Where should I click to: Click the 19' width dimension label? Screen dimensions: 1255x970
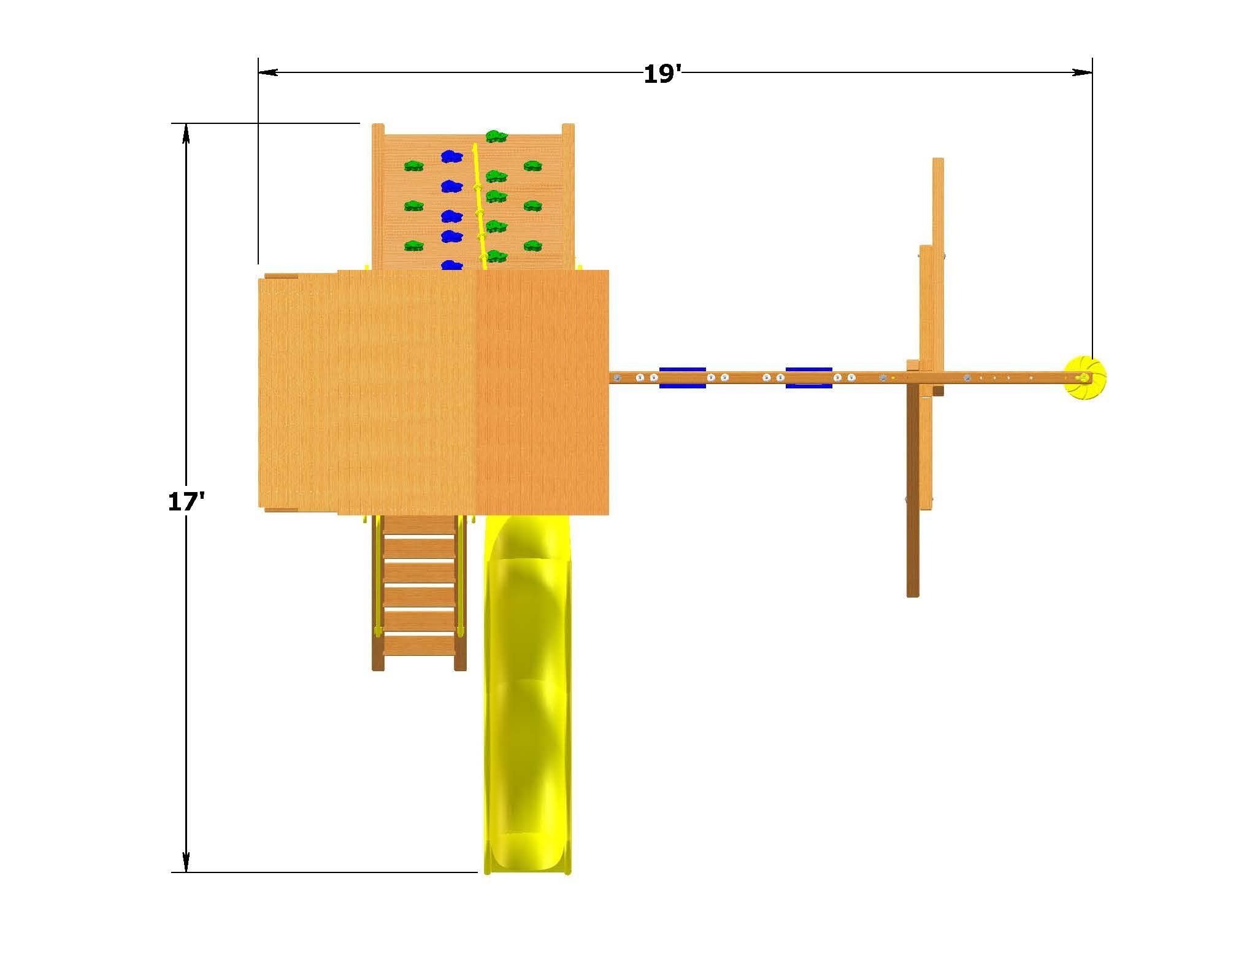click(662, 75)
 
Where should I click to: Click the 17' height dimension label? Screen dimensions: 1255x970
click(186, 502)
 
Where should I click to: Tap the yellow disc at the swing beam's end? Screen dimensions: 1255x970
click(1085, 378)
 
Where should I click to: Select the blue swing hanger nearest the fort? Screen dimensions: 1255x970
click(682, 378)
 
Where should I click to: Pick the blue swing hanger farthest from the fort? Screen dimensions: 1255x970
click(808, 378)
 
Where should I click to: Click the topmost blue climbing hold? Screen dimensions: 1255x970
click(451, 157)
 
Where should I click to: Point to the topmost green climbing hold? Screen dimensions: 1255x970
click(496, 136)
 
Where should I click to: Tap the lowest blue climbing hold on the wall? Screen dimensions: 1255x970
click(451, 266)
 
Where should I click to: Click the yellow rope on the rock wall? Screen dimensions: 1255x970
click(479, 206)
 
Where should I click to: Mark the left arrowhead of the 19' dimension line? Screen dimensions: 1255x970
click(268, 72)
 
